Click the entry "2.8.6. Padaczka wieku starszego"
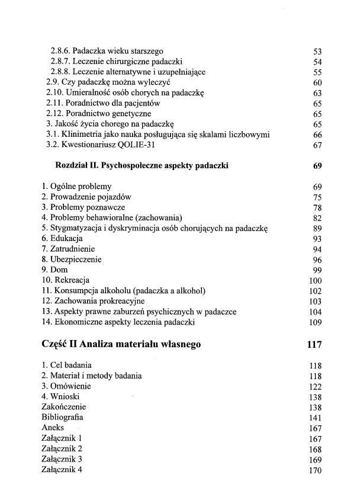[x=107, y=51]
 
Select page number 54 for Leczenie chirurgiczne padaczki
[x=317, y=62]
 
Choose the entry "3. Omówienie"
[x=66, y=386]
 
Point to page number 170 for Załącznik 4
[x=315, y=470]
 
